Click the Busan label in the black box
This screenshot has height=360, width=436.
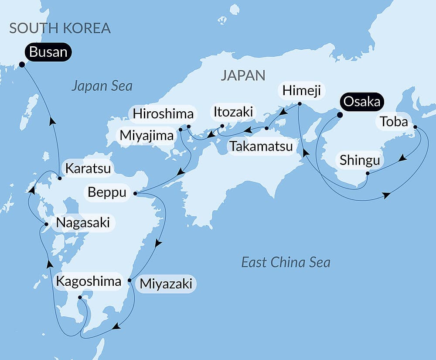pyautogui.click(x=48, y=52)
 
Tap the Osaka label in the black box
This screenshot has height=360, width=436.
pyautogui.click(x=363, y=102)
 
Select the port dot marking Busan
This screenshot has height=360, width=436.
pyautogui.click(x=21, y=65)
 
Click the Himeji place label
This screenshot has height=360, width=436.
pyautogui.click(x=301, y=91)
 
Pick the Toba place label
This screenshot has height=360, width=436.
pyautogui.click(x=393, y=122)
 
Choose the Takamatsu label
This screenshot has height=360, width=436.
pyautogui.click(x=261, y=146)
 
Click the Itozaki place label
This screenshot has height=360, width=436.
pyautogui.click(x=233, y=112)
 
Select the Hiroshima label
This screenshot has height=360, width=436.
pyautogui.click(x=163, y=114)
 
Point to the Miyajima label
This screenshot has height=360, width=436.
pyautogui.click(x=146, y=136)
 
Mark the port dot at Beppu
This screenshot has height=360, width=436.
pyautogui.click(x=135, y=193)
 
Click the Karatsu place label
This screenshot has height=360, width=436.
pyautogui.click(x=89, y=168)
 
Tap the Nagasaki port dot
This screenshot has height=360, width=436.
pyautogui.click(x=46, y=224)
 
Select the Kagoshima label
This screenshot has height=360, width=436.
pyautogui.click(x=89, y=281)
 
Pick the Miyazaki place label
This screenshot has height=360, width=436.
pyautogui.click(x=166, y=284)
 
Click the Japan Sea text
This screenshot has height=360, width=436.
pyautogui.click(x=102, y=86)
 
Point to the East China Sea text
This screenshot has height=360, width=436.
pyautogui.click(x=286, y=262)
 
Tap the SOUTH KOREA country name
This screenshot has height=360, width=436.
pyautogui.click(x=60, y=28)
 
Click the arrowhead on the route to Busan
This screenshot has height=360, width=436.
pyautogui.click(x=53, y=121)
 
